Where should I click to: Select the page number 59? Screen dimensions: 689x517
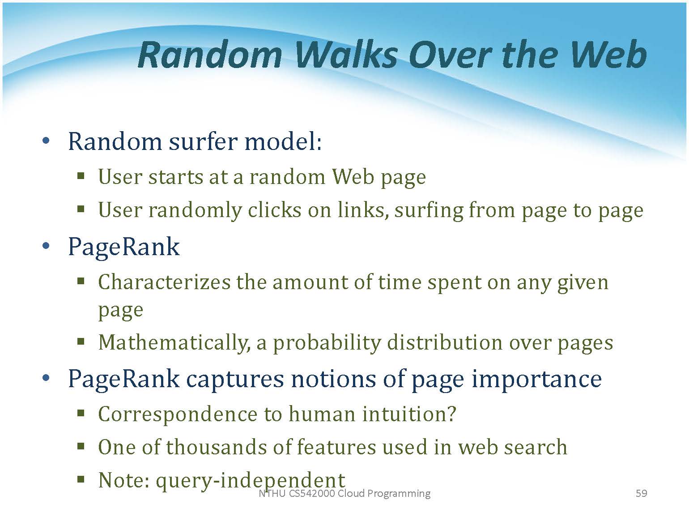click(x=641, y=493)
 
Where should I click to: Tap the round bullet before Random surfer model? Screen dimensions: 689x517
click(x=46, y=141)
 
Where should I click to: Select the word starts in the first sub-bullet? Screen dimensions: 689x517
click(x=175, y=177)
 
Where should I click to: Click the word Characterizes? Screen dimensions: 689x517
click(x=164, y=282)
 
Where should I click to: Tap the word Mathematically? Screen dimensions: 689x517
click(x=174, y=343)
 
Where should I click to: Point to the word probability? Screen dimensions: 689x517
click(x=327, y=343)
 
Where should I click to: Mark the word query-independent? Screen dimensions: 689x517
click(x=251, y=481)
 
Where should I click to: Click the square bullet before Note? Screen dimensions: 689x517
click(x=81, y=480)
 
